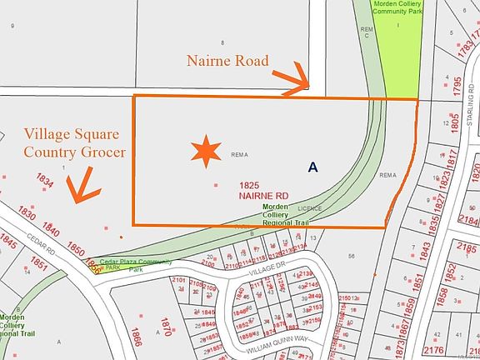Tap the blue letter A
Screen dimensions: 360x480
point(312,167)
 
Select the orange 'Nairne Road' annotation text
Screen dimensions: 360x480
point(228,60)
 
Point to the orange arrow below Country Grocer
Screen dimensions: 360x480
point(82,185)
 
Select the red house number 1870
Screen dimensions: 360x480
point(167,326)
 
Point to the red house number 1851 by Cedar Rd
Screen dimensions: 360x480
point(39,263)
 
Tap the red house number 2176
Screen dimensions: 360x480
point(457,351)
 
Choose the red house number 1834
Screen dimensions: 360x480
point(46,181)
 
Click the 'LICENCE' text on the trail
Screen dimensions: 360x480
point(310,208)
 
